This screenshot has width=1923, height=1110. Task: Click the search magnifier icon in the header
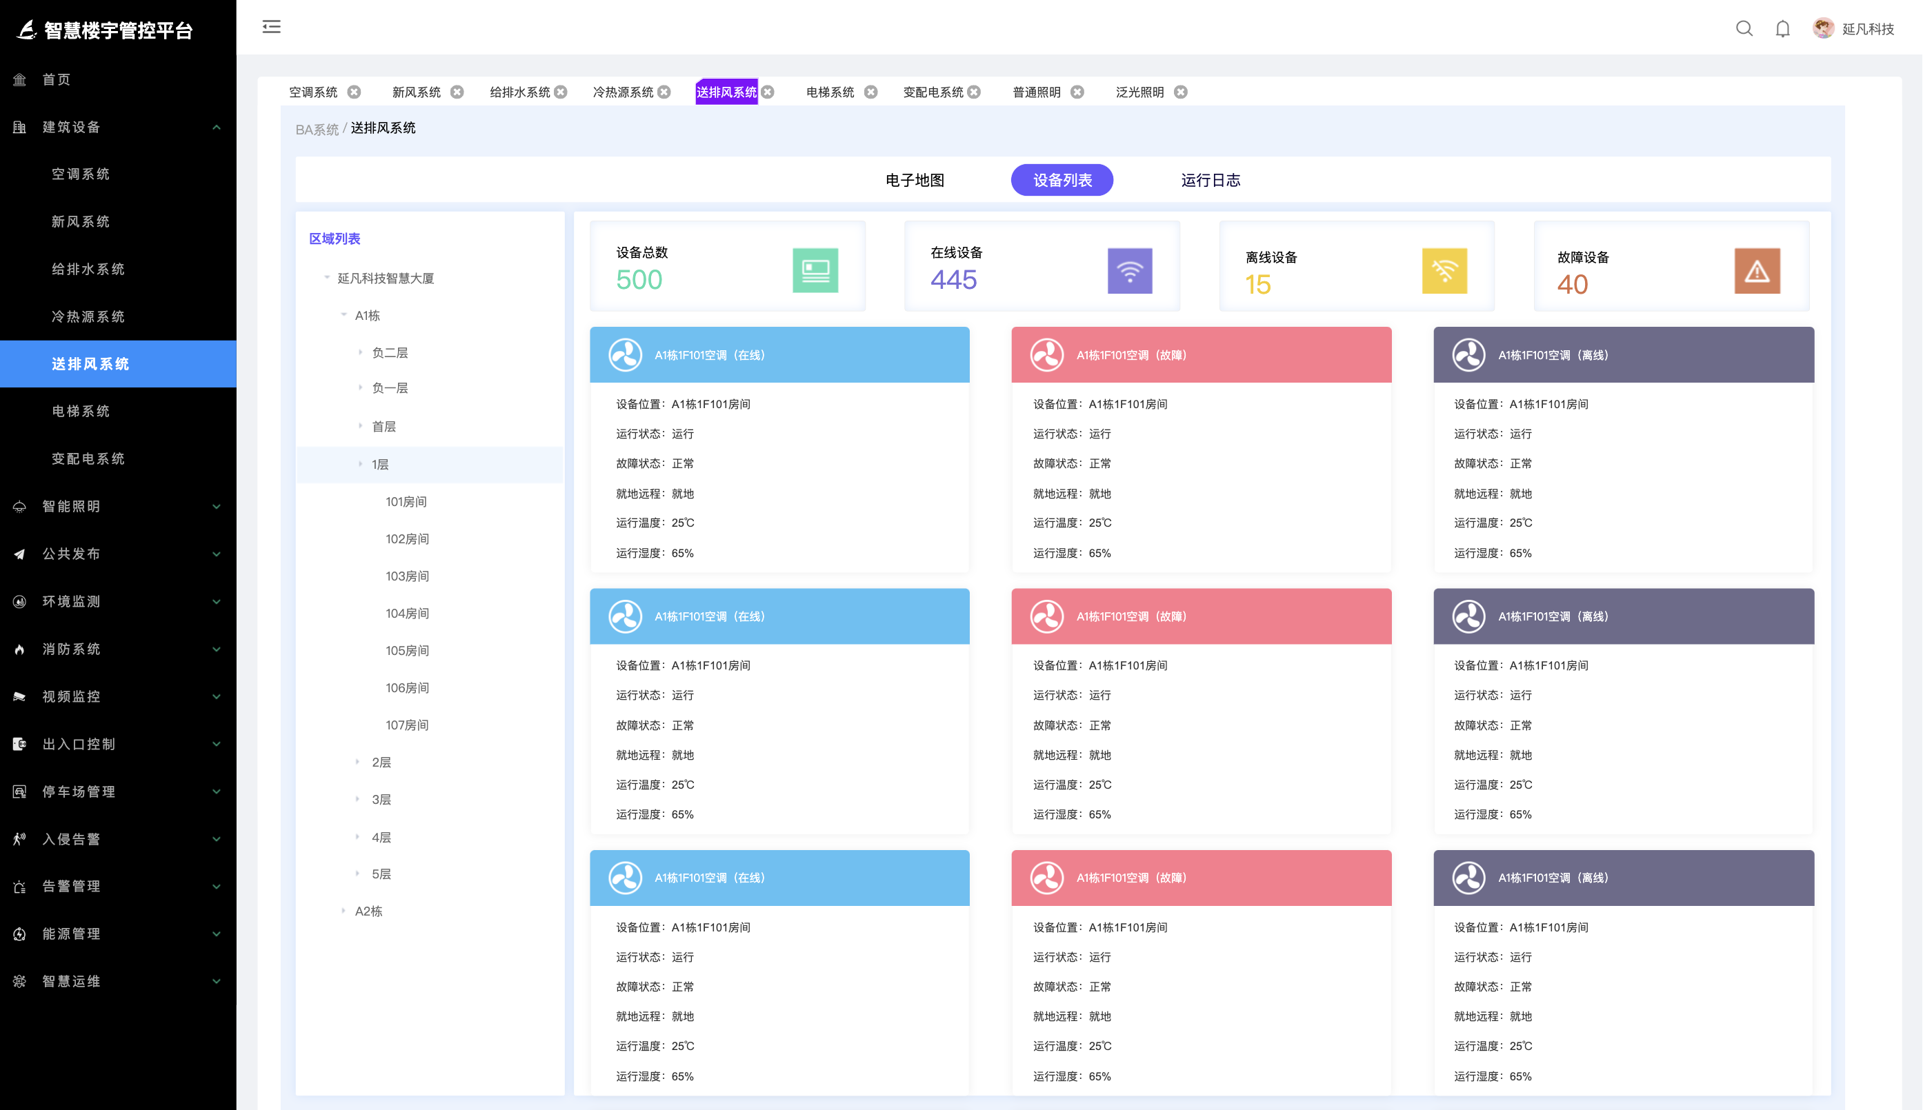(x=1744, y=29)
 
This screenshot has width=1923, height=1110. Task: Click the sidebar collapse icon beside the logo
(x=272, y=28)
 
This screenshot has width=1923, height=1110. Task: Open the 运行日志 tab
(x=1210, y=180)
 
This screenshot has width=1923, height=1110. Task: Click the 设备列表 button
(x=1062, y=180)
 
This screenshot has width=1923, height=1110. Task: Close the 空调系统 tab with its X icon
(x=354, y=92)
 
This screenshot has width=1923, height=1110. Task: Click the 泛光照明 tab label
(x=1139, y=92)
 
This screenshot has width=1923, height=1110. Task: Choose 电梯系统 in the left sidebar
(x=81, y=411)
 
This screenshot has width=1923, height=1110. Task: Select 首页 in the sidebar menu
(x=57, y=79)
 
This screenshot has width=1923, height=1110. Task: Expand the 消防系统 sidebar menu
(x=72, y=649)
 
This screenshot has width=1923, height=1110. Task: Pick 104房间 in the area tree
(x=407, y=613)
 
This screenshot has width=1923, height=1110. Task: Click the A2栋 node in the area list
(x=369, y=911)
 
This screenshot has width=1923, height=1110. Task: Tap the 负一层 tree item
(x=390, y=388)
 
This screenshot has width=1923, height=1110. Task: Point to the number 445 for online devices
(x=953, y=280)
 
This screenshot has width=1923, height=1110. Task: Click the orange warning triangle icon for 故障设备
(x=1757, y=271)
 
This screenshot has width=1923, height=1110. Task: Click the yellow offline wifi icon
(x=1444, y=271)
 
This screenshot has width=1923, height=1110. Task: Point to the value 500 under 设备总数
(x=639, y=280)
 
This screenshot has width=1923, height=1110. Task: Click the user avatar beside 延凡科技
(x=1823, y=28)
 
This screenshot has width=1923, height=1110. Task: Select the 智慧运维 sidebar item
(x=72, y=981)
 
